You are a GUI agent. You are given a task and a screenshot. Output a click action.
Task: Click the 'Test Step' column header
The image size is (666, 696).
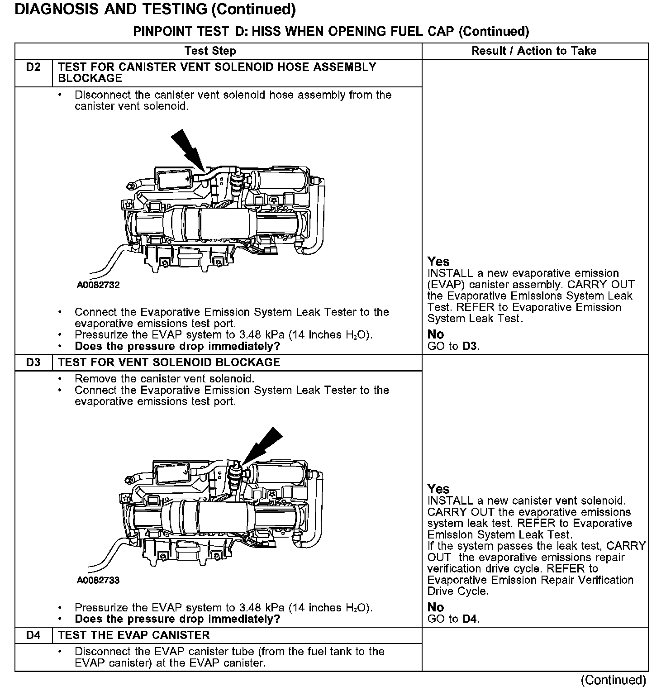210,51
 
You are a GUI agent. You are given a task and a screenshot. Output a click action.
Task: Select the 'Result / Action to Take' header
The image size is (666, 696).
534,51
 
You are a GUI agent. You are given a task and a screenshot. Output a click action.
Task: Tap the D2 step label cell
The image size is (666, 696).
33,67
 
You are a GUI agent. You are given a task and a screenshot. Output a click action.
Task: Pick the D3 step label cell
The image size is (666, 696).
33,362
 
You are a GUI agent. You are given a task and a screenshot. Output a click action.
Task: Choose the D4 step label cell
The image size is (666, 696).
33,635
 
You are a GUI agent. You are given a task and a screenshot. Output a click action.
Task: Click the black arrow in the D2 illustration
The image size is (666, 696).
188,148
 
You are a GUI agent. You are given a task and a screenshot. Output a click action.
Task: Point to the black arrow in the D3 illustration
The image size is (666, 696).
263,445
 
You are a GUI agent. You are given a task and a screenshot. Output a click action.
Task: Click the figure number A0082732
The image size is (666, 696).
98,285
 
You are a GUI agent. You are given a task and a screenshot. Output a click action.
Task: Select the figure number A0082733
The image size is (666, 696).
98,581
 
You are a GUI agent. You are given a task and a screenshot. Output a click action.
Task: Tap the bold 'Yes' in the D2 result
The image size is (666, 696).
438,262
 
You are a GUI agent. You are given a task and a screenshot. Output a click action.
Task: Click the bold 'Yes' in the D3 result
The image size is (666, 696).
438,489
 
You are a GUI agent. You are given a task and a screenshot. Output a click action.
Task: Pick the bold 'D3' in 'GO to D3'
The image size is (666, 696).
471,346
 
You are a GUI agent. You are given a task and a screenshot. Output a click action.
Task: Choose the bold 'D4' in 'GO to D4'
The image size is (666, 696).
471,619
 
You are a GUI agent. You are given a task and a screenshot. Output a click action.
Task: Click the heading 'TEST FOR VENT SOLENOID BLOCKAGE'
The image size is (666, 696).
169,362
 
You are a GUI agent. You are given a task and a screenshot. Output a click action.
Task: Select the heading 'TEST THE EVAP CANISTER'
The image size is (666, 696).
134,635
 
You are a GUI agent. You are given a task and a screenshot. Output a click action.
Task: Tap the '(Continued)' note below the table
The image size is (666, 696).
613,680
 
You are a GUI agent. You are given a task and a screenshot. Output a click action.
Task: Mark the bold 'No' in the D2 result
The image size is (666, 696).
436,334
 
